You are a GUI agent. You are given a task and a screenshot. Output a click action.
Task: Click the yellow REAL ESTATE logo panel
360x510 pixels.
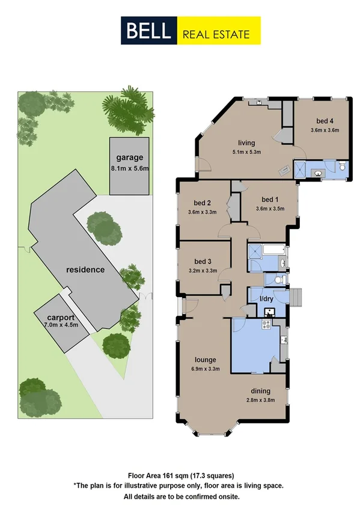click(219, 31)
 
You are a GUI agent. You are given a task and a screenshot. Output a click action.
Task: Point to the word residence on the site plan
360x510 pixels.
click(85, 269)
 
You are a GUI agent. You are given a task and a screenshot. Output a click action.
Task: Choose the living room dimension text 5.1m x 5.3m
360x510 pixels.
click(246, 153)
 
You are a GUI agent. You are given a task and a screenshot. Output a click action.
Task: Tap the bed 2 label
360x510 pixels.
click(202, 202)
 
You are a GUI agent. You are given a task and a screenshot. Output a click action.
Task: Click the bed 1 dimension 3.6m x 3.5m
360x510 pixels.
click(269, 209)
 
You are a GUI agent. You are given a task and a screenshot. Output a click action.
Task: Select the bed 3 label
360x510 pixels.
click(202, 261)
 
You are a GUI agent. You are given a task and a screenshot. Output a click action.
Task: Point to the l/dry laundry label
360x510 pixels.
click(266, 299)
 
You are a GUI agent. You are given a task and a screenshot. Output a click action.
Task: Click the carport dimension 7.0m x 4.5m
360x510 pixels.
click(62, 325)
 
